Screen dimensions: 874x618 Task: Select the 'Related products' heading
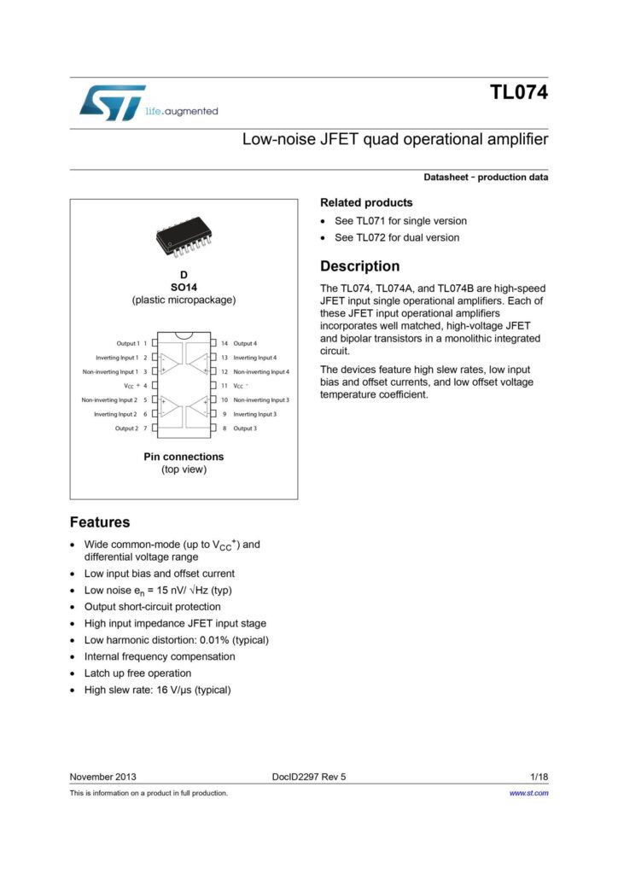(366, 202)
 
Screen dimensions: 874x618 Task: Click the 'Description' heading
(359, 266)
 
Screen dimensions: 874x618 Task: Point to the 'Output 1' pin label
(128, 343)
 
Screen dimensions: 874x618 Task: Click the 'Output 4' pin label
(245, 343)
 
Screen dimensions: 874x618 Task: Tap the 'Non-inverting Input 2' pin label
(109, 399)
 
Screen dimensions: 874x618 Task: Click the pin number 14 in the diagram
(224, 343)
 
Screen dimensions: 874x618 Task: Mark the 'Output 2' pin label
(126, 428)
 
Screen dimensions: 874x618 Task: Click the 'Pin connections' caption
(184, 457)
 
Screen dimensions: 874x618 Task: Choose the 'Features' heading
(100, 522)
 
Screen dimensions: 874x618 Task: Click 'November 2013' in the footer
(102, 777)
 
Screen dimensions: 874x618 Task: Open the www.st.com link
(528, 793)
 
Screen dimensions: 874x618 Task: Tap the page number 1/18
(539, 777)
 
